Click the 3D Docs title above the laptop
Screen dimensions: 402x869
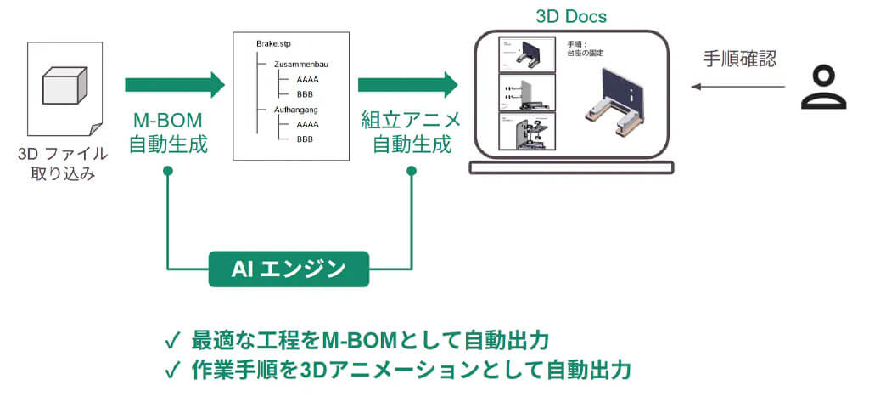point(571,16)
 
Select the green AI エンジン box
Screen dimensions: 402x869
point(289,269)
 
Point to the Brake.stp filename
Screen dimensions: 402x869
point(273,42)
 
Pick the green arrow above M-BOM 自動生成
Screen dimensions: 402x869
point(174,84)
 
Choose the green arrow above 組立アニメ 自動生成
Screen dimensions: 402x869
point(407,84)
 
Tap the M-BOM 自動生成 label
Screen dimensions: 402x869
point(168,133)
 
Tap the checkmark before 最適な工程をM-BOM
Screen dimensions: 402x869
point(172,342)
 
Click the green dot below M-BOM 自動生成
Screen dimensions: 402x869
point(168,173)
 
